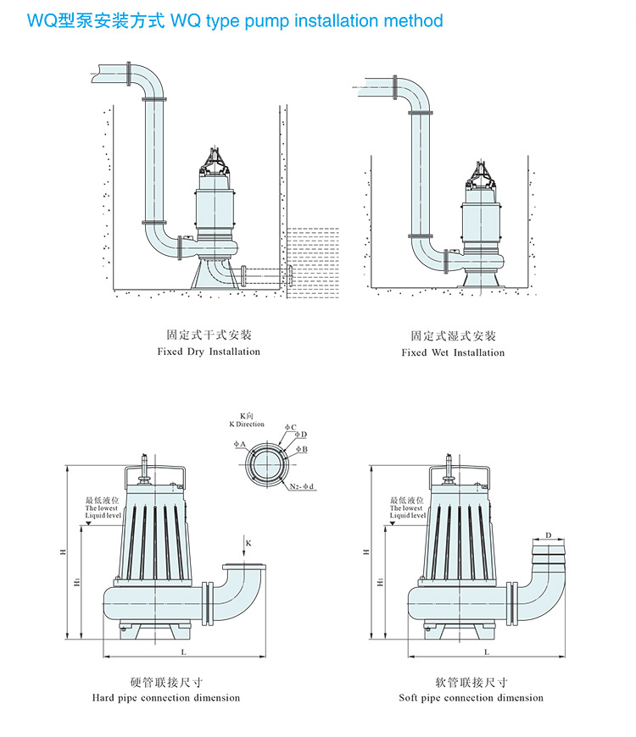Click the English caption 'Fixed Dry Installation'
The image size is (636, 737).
point(209,352)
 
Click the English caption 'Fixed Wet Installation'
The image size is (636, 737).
point(453,352)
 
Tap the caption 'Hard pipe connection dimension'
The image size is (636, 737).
point(166,698)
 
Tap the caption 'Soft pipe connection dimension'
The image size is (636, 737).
point(471,698)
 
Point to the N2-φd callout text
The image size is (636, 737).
point(301,486)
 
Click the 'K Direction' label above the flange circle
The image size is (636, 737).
point(247,424)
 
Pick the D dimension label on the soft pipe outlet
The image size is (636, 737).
point(548,535)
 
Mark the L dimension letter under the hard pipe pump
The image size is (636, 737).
point(183,651)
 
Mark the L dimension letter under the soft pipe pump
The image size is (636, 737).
point(487,651)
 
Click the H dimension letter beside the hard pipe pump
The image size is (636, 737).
point(63,551)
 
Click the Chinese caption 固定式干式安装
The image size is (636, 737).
point(209,335)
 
